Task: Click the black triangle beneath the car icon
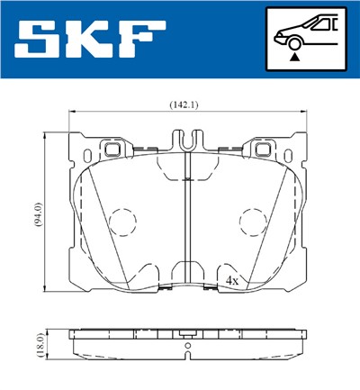[x=293, y=56]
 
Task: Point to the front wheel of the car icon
[x=293, y=40]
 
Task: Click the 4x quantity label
[x=231, y=281]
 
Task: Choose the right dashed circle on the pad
[x=254, y=222]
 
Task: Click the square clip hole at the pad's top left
[x=112, y=149]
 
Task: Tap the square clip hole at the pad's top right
[x=263, y=149]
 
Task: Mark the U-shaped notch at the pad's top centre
[x=187, y=141]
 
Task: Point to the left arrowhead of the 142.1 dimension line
[x=73, y=113]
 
